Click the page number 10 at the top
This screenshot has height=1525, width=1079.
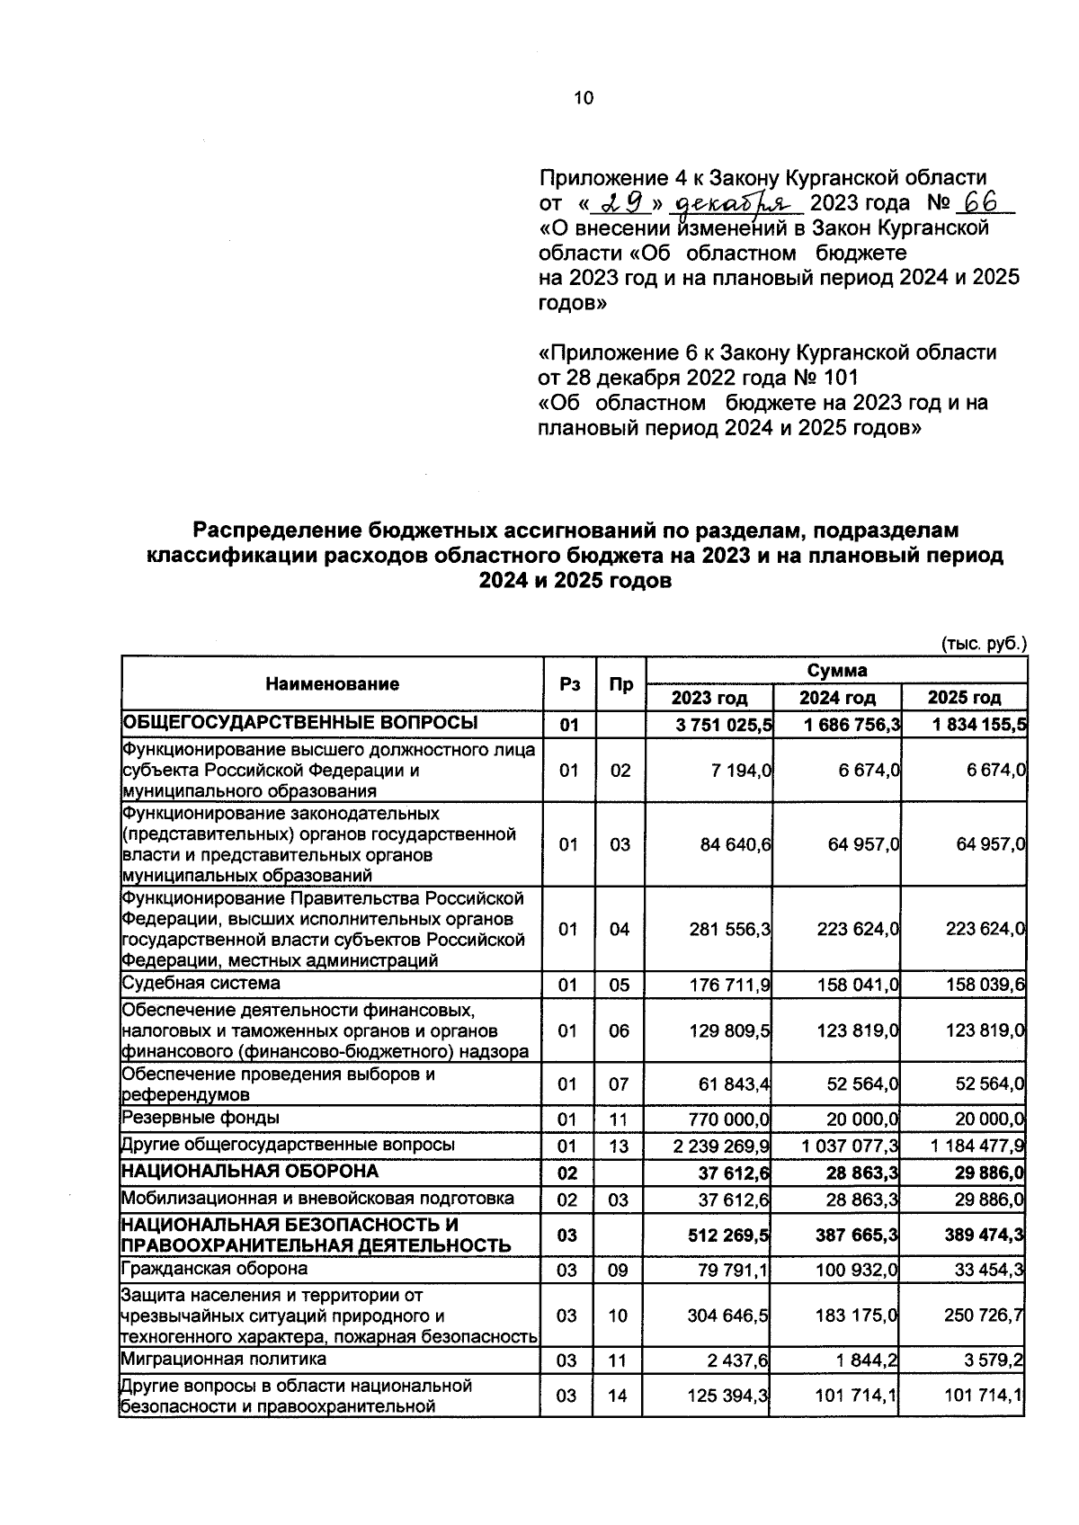(x=584, y=98)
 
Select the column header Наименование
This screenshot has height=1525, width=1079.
(x=332, y=684)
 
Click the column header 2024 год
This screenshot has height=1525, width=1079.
(x=837, y=698)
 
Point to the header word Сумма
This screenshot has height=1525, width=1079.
(x=836, y=671)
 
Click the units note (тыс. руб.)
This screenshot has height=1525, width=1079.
(x=983, y=644)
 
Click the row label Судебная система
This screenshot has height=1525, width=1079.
(x=201, y=983)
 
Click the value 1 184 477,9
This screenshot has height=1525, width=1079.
(x=977, y=1146)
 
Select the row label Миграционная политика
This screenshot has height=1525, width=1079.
(x=224, y=1359)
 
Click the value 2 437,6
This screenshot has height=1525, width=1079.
(x=744, y=1360)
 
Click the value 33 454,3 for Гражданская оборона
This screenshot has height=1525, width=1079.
(x=990, y=1270)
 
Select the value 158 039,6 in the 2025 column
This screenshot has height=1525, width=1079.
(x=985, y=985)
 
